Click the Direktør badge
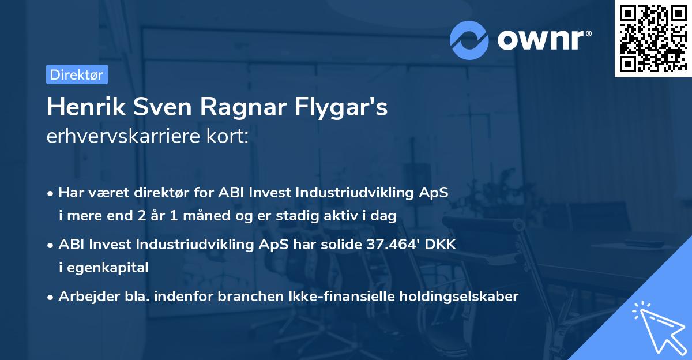(77, 74)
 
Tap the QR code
(653, 38)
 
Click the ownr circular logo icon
(469, 39)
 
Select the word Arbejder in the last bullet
(84, 297)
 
